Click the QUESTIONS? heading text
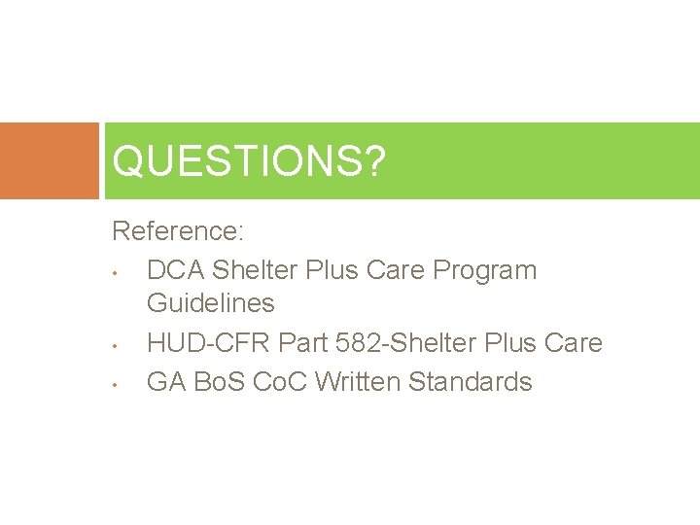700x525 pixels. point(248,161)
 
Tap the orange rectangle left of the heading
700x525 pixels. point(49,160)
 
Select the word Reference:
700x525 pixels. point(178,231)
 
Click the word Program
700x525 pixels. point(485,269)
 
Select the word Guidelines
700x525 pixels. point(210,303)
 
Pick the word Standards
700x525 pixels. point(471,382)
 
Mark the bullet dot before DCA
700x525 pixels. point(115,271)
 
